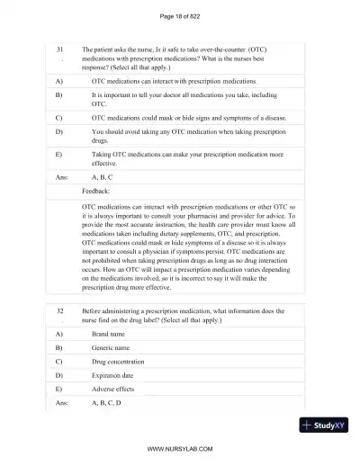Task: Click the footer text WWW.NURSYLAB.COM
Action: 179,447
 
